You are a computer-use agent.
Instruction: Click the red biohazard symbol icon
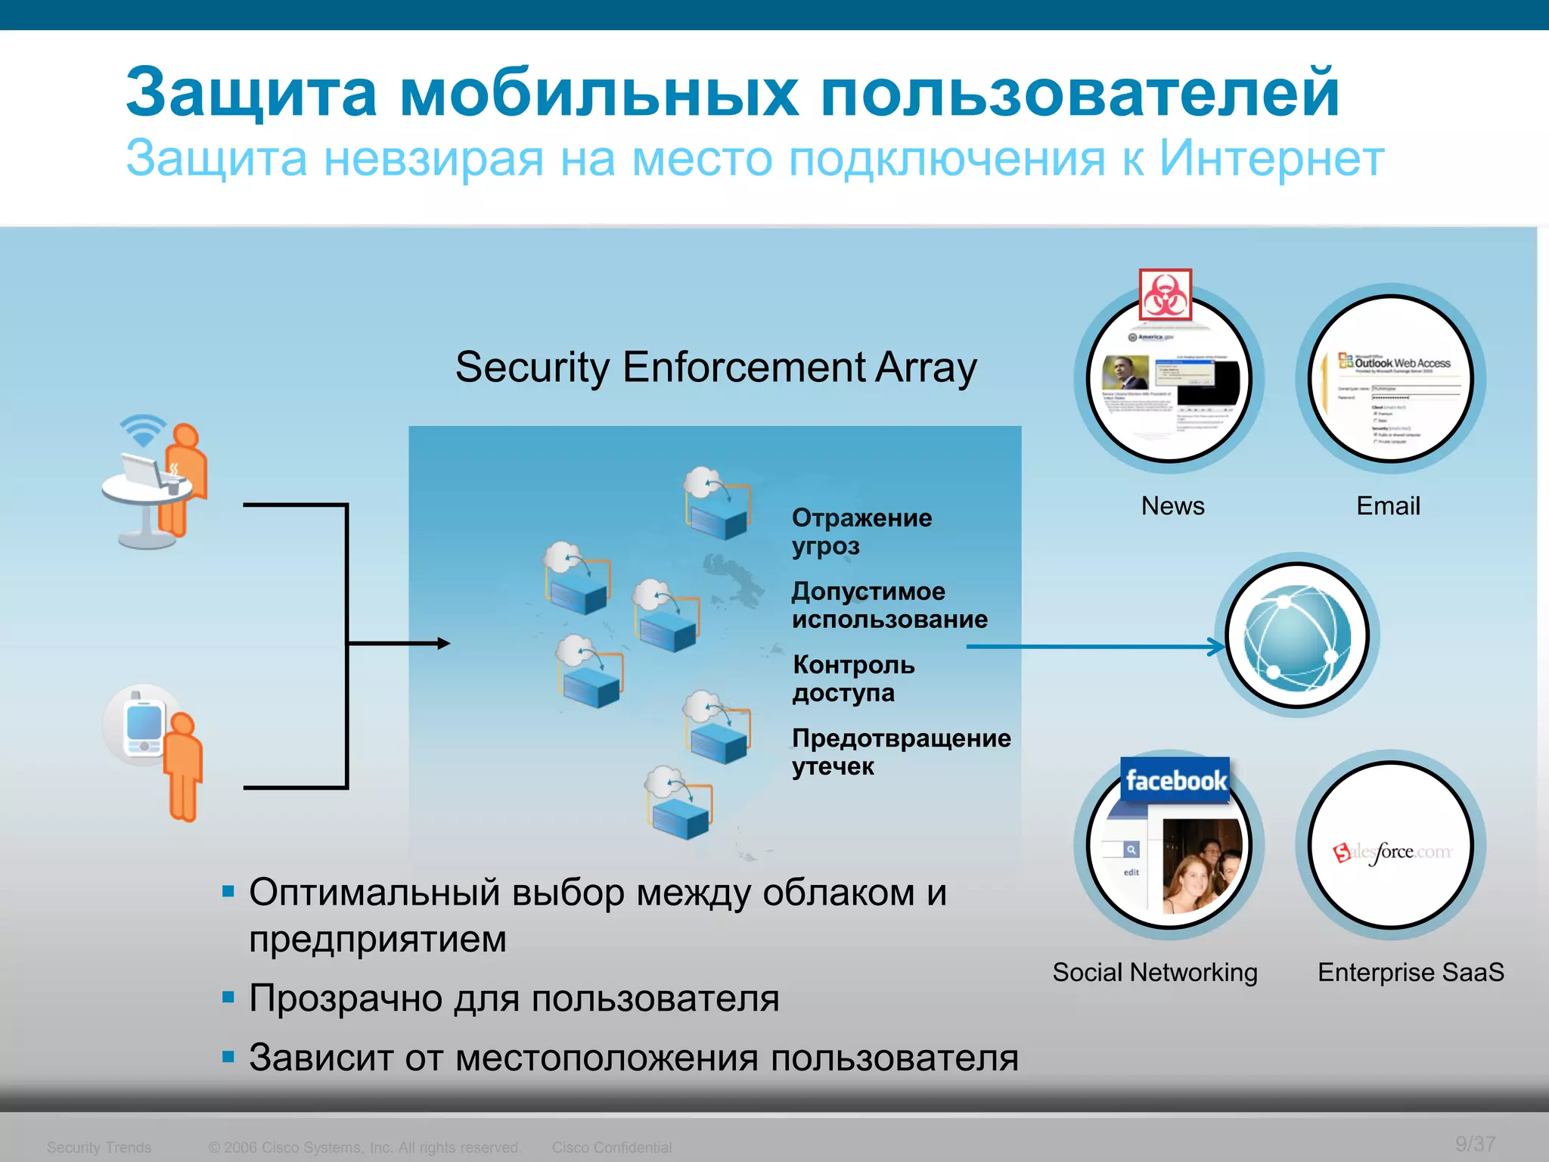tap(1165, 295)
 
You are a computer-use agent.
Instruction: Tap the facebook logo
tap(1175, 780)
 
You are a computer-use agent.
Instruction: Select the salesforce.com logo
tap(1392, 853)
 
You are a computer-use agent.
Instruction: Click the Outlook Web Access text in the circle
tap(1402, 363)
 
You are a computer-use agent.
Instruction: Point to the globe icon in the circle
tap(1297, 637)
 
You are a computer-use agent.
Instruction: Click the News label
tap(1172, 505)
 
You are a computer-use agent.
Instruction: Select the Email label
tap(1388, 505)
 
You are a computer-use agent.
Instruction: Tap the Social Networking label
tap(1155, 972)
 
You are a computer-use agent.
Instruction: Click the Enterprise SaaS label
tap(1411, 972)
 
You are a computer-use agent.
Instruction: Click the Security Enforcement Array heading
tap(716, 368)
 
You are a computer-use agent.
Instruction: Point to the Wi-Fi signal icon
tap(142, 430)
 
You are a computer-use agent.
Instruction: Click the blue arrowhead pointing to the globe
tap(1218, 647)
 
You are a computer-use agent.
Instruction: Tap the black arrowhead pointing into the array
tap(444, 644)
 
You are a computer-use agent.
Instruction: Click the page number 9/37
tap(1475, 1144)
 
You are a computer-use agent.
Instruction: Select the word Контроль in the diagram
tap(853, 665)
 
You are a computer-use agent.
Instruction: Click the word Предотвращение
tap(901, 738)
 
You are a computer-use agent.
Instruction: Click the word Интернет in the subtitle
tap(1271, 159)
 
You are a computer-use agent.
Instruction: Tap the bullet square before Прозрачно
tap(228, 997)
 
